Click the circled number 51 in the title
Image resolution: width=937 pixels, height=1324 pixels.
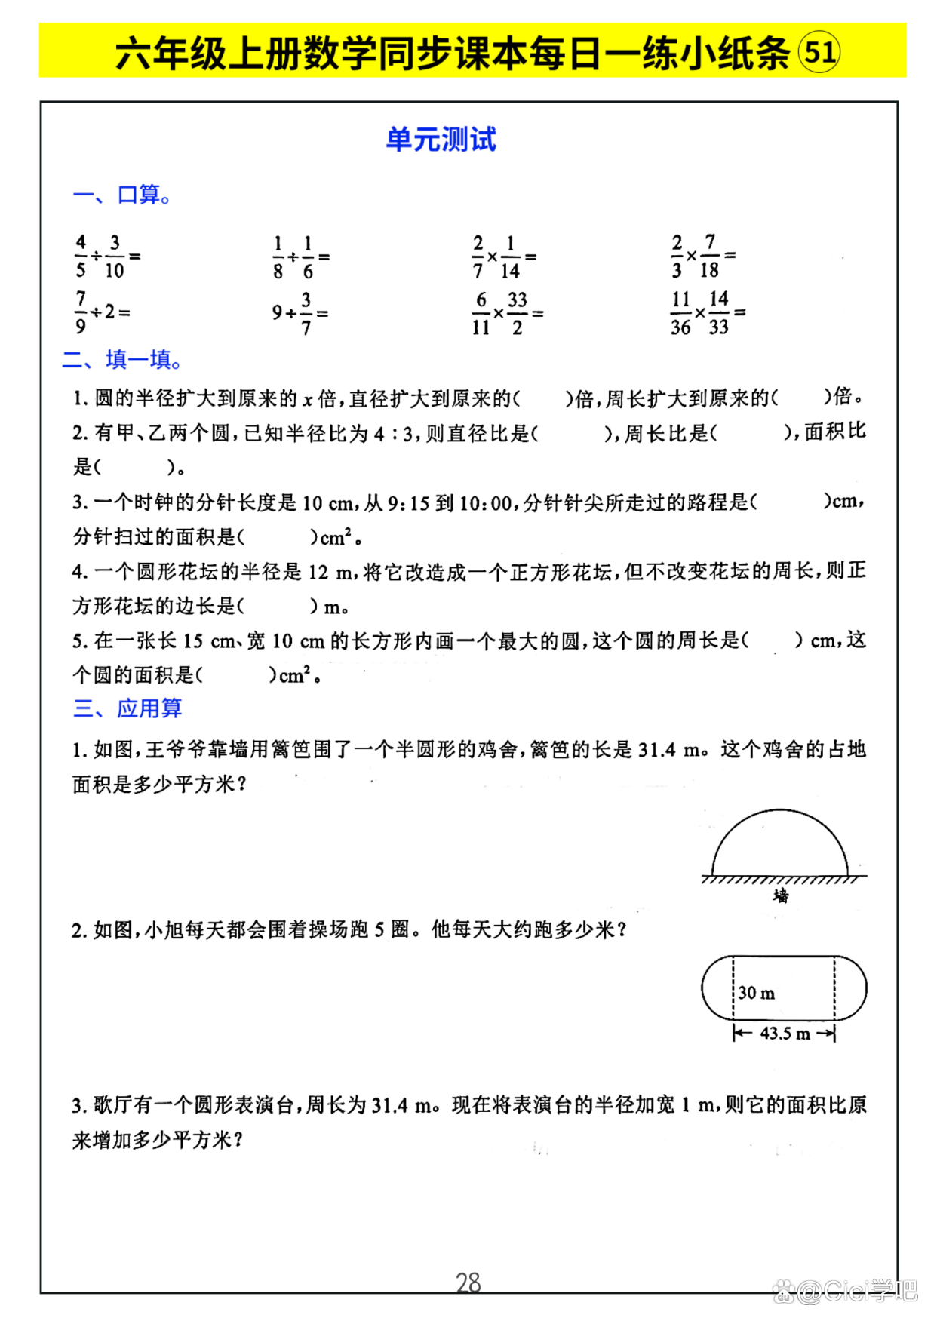[819, 52]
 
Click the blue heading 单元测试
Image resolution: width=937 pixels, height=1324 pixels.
[441, 140]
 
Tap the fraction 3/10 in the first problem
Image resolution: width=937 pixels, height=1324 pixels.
[115, 257]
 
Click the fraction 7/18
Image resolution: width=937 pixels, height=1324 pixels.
[710, 256]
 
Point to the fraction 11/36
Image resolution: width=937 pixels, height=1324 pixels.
[680, 312]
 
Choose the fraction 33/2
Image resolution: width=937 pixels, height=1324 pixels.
[518, 313]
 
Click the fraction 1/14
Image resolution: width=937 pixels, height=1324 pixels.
[510, 257]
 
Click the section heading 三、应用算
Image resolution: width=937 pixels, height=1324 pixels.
[127, 708]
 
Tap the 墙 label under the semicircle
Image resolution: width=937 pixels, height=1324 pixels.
[781, 895]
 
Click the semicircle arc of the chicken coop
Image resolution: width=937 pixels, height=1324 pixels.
[780, 812]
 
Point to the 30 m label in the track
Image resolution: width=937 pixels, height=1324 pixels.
[757, 993]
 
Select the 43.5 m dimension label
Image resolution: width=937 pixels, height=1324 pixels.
[785, 1034]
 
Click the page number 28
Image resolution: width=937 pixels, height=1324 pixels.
[468, 1283]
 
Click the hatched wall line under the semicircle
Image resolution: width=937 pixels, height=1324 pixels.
[782, 879]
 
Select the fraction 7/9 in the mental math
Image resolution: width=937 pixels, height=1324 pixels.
[81, 312]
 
